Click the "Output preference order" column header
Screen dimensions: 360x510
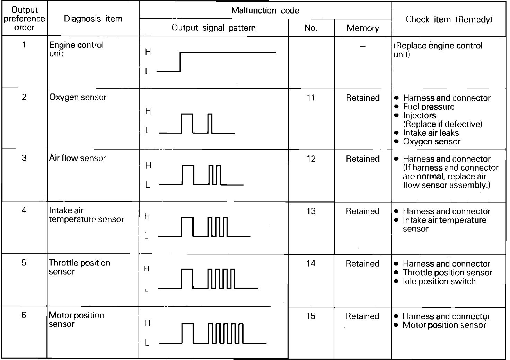[24, 19]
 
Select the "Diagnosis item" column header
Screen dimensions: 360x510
[93, 19]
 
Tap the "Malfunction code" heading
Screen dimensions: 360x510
[265, 10]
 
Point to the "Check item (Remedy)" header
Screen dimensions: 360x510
[449, 19]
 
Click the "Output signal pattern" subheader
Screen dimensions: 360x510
[213, 28]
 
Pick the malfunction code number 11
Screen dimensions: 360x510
[311, 98]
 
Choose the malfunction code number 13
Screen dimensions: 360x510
[311, 211]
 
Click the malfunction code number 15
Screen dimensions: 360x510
[311, 316]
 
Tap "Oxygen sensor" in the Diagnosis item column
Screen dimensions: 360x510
[78, 97]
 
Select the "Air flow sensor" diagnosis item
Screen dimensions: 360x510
[77, 158]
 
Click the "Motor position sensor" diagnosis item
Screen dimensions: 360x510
[76, 319]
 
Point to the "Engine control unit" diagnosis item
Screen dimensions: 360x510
[76, 49]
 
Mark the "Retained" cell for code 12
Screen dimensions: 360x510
[362, 159]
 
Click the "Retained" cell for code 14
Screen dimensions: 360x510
[362, 264]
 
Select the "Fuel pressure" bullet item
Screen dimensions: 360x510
[429, 107]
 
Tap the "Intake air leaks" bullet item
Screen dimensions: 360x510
[431, 133]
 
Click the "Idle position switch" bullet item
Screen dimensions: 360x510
[439, 281]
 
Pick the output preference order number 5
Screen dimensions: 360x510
[24, 263]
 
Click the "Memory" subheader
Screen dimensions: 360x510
[362, 28]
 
